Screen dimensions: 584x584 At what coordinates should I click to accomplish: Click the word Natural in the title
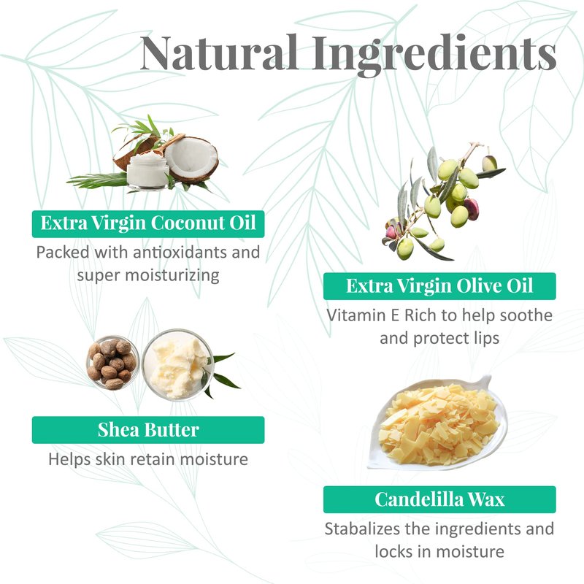220,52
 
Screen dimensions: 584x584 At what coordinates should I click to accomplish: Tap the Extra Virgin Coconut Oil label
148,224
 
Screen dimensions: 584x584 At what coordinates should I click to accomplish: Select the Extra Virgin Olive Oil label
439,286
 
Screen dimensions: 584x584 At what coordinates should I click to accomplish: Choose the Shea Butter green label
148,430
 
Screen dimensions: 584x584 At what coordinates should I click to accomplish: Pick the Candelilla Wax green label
439,499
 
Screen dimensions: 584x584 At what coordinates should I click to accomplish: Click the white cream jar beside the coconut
148,171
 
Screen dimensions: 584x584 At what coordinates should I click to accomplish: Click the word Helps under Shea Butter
69,459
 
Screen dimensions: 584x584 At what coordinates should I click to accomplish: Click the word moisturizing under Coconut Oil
172,276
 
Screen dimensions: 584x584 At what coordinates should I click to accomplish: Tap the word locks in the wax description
394,552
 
